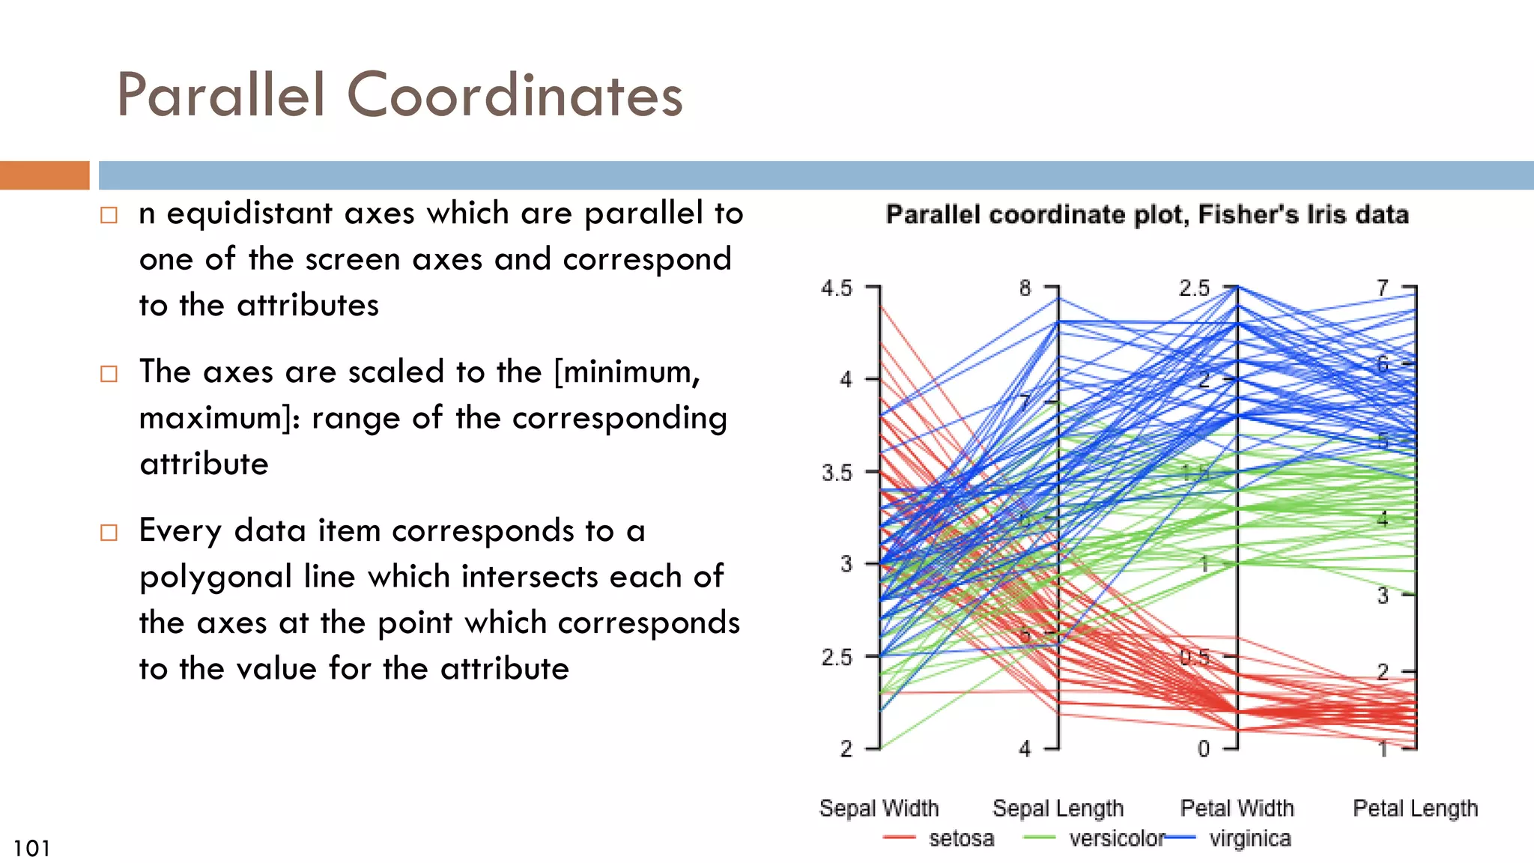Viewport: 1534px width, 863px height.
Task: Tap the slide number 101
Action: click(x=31, y=848)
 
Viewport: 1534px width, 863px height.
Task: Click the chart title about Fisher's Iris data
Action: click(x=1147, y=215)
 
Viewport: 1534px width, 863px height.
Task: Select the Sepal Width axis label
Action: click(x=879, y=808)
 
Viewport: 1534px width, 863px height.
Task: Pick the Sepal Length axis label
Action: click(x=1058, y=808)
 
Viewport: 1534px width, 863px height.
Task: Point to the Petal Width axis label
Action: click(x=1237, y=808)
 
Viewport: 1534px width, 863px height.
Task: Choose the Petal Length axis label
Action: click(x=1415, y=808)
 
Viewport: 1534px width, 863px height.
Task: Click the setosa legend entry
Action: click(x=961, y=838)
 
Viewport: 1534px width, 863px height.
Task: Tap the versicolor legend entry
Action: click(x=1117, y=838)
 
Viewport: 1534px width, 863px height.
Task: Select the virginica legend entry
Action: click(x=1250, y=838)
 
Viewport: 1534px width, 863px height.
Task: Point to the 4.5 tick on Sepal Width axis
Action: click(x=837, y=288)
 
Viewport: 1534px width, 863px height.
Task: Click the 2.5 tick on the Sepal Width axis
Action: click(x=837, y=658)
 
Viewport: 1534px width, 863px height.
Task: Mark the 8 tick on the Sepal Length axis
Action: click(x=1025, y=288)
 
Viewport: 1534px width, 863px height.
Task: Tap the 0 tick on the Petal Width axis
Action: click(x=1203, y=748)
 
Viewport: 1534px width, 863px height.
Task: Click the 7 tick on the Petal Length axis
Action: click(x=1383, y=288)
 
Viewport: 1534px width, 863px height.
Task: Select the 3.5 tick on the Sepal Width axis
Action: click(x=837, y=473)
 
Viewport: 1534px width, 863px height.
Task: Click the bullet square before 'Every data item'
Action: click(x=109, y=533)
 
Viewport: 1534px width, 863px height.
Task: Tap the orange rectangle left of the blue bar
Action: click(x=44, y=175)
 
